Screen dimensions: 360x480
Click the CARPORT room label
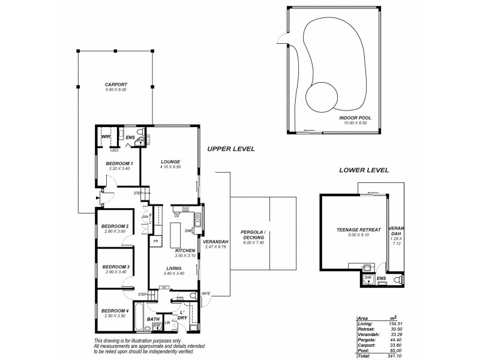116,85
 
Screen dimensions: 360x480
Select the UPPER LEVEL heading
231,149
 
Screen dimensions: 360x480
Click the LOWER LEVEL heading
364,170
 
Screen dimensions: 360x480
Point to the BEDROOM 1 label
119,163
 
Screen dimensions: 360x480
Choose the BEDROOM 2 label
115,226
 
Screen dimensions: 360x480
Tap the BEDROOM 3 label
115,267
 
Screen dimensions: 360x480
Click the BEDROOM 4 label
115,310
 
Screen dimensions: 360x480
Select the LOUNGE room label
170,161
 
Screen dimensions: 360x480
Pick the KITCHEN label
185,250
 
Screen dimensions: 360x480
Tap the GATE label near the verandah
206,293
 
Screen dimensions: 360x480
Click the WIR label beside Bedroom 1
106,137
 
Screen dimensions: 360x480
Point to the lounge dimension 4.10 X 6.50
170,167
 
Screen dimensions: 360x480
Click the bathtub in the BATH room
138,317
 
